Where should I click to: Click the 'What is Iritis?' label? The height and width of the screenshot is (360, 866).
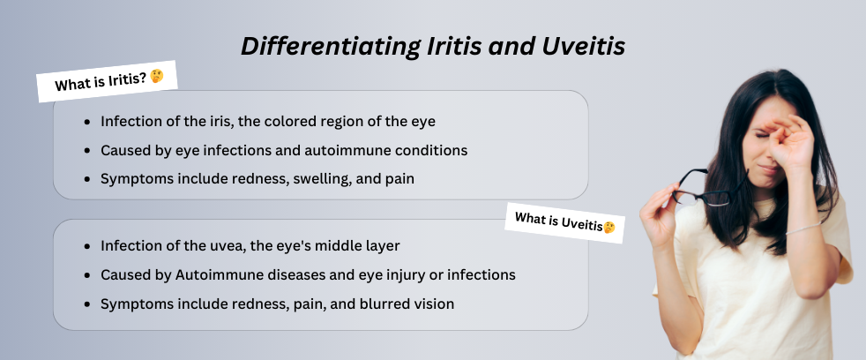tap(100, 84)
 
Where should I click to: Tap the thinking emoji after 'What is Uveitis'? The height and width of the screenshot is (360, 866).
tap(608, 227)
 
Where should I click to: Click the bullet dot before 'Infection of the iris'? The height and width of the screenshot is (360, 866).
tap(86, 122)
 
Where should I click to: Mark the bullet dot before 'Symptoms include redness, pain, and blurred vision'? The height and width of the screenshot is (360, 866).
tap(86, 304)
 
